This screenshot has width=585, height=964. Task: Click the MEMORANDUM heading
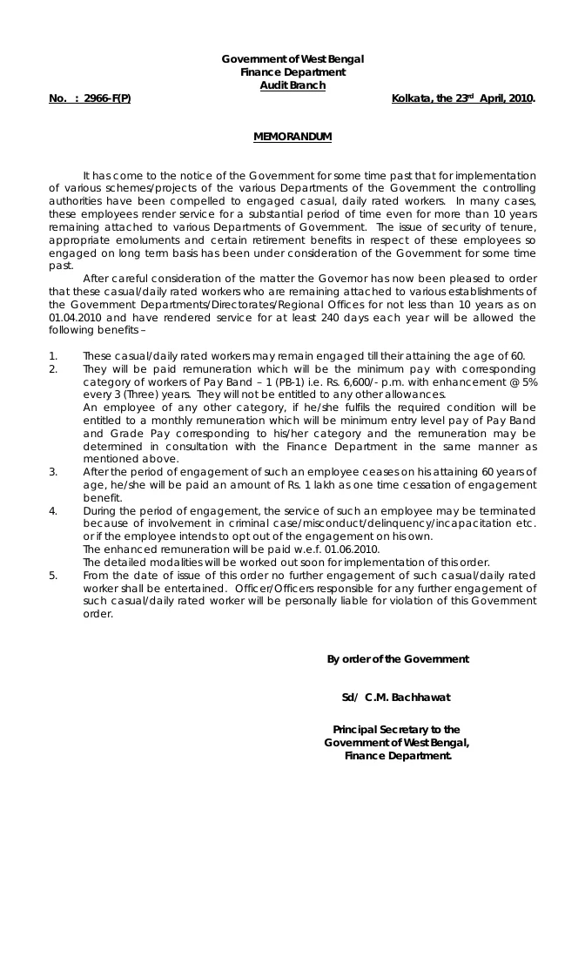click(292, 137)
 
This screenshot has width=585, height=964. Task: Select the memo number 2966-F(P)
click(107, 98)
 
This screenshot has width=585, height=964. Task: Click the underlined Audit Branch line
click(292, 84)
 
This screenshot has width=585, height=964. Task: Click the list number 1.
click(53, 355)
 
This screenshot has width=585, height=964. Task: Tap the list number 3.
click(53, 471)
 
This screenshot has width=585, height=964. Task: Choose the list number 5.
click(53, 576)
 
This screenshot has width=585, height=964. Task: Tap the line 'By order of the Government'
click(398, 659)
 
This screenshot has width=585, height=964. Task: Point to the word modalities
click(174, 563)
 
